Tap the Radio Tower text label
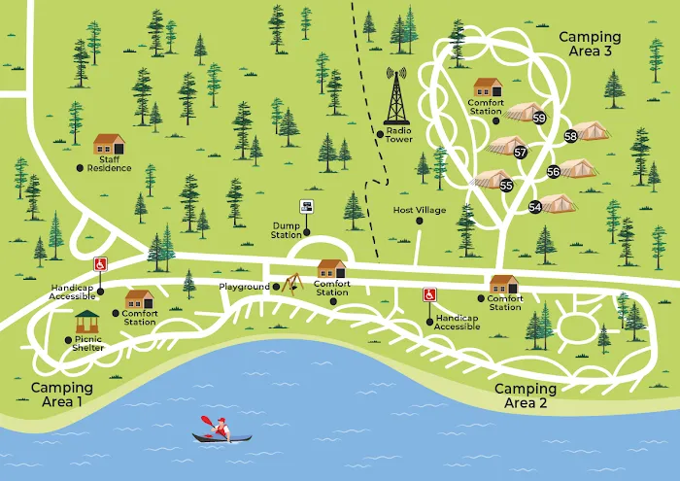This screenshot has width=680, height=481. click(x=398, y=135)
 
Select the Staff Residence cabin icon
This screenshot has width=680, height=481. click(x=109, y=144)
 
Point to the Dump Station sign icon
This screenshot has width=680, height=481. click(x=307, y=207)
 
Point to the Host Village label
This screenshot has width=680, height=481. click(x=419, y=210)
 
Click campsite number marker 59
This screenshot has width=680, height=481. click(x=539, y=118)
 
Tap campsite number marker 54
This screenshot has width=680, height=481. click(x=535, y=207)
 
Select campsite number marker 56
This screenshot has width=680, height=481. click(x=553, y=172)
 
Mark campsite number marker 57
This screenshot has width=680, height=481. click(x=521, y=153)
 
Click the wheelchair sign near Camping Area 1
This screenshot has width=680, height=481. click(x=100, y=264)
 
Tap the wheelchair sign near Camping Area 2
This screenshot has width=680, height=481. click(x=428, y=295)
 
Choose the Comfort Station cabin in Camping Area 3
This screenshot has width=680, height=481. click(x=487, y=87)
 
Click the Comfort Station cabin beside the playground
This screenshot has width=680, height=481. click(x=331, y=269)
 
